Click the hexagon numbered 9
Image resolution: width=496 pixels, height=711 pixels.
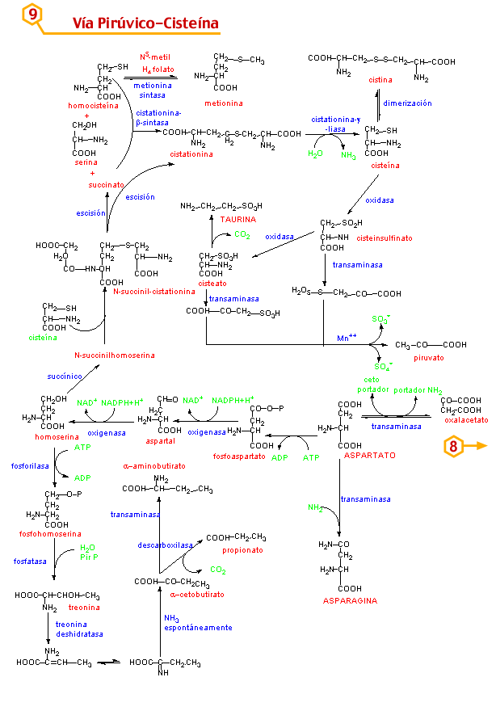(x=33, y=15)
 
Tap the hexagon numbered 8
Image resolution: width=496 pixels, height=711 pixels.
(x=454, y=445)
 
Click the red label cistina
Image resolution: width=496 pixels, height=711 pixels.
(x=380, y=80)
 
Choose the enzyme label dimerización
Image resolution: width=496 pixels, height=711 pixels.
(x=407, y=103)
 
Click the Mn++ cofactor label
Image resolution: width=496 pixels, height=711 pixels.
(x=347, y=336)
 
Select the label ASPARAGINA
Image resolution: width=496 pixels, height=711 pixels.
(x=350, y=600)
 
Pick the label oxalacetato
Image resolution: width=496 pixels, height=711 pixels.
(x=464, y=419)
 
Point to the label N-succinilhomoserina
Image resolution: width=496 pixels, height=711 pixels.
(x=114, y=355)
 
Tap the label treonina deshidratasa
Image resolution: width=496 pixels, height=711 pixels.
(x=79, y=629)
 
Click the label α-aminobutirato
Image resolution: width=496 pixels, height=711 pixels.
(x=154, y=466)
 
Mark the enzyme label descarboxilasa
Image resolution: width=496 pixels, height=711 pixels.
(x=165, y=545)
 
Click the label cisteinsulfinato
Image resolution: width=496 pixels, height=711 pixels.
(x=384, y=238)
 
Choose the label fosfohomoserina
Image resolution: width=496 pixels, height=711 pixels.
(x=50, y=534)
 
